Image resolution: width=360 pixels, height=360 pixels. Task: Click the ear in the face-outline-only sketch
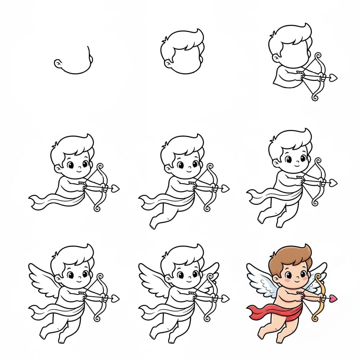coord(57,63)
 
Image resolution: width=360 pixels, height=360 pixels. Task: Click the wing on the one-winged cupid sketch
coord(42,281)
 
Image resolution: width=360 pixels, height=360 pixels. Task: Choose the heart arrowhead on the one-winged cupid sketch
coord(115,298)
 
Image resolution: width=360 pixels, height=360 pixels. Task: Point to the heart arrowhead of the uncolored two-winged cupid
coord(225,298)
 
